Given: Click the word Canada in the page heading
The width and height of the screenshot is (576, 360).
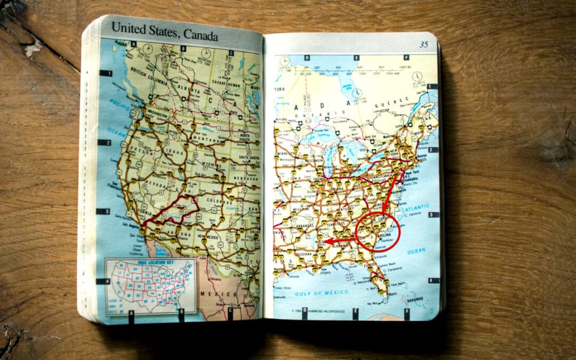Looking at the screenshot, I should point(201,36).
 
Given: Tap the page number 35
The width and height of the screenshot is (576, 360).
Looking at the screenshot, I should point(423,44).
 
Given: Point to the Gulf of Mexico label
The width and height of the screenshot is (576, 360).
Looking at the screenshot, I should point(321,292).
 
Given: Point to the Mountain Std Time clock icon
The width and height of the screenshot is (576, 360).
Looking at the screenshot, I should point(205,53).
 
